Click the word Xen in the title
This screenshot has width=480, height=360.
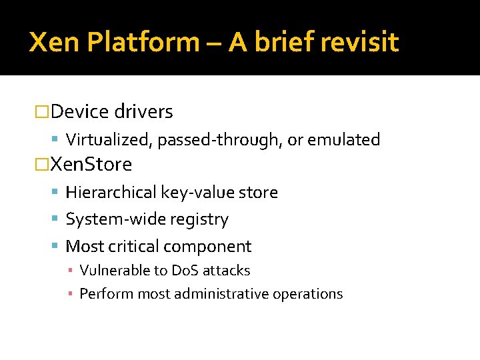coord(54,42)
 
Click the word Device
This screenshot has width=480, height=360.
coord(80,112)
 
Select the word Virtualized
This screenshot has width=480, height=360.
coord(106,140)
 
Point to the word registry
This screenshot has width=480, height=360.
coord(199,219)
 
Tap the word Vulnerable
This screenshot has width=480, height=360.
coord(110,271)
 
